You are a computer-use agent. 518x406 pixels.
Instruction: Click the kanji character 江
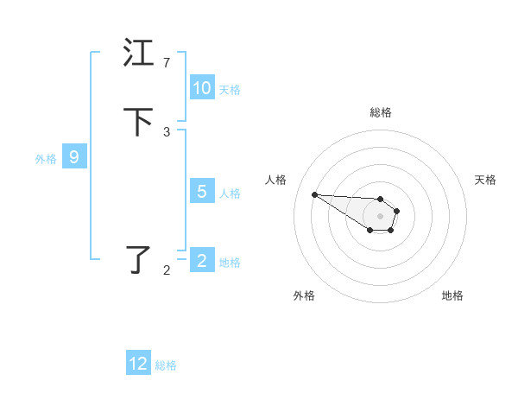click(x=139, y=54)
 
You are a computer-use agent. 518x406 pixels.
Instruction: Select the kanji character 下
click(x=139, y=122)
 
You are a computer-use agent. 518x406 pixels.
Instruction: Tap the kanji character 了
click(x=139, y=259)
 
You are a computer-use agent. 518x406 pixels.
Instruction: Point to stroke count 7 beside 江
click(x=166, y=62)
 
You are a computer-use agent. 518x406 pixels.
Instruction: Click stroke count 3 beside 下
click(x=166, y=131)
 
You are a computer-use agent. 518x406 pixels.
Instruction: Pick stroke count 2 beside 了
click(x=166, y=270)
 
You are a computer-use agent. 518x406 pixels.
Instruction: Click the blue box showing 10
click(x=202, y=88)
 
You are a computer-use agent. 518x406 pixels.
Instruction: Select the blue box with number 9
click(x=74, y=157)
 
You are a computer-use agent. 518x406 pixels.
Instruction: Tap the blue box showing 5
click(x=202, y=192)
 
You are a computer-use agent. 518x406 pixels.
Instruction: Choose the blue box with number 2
click(x=202, y=261)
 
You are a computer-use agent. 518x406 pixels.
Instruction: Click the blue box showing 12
click(x=138, y=364)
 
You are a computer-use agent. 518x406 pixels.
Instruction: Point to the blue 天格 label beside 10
click(x=230, y=89)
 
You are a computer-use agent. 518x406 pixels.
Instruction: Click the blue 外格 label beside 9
click(x=46, y=158)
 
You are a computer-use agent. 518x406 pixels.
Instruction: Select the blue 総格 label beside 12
click(x=166, y=365)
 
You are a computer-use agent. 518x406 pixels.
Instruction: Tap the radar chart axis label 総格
click(x=381, y=112)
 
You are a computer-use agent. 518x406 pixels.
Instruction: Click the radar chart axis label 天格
click(x=485, y=180)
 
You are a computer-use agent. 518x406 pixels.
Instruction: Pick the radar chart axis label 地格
click(x=452, y=295)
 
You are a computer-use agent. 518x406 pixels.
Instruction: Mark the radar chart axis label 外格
click(x=304, y=295)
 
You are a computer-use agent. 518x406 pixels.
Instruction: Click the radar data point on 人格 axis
click(x=314, y=194)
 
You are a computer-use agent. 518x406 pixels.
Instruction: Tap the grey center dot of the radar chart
click(x=381, y=216)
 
